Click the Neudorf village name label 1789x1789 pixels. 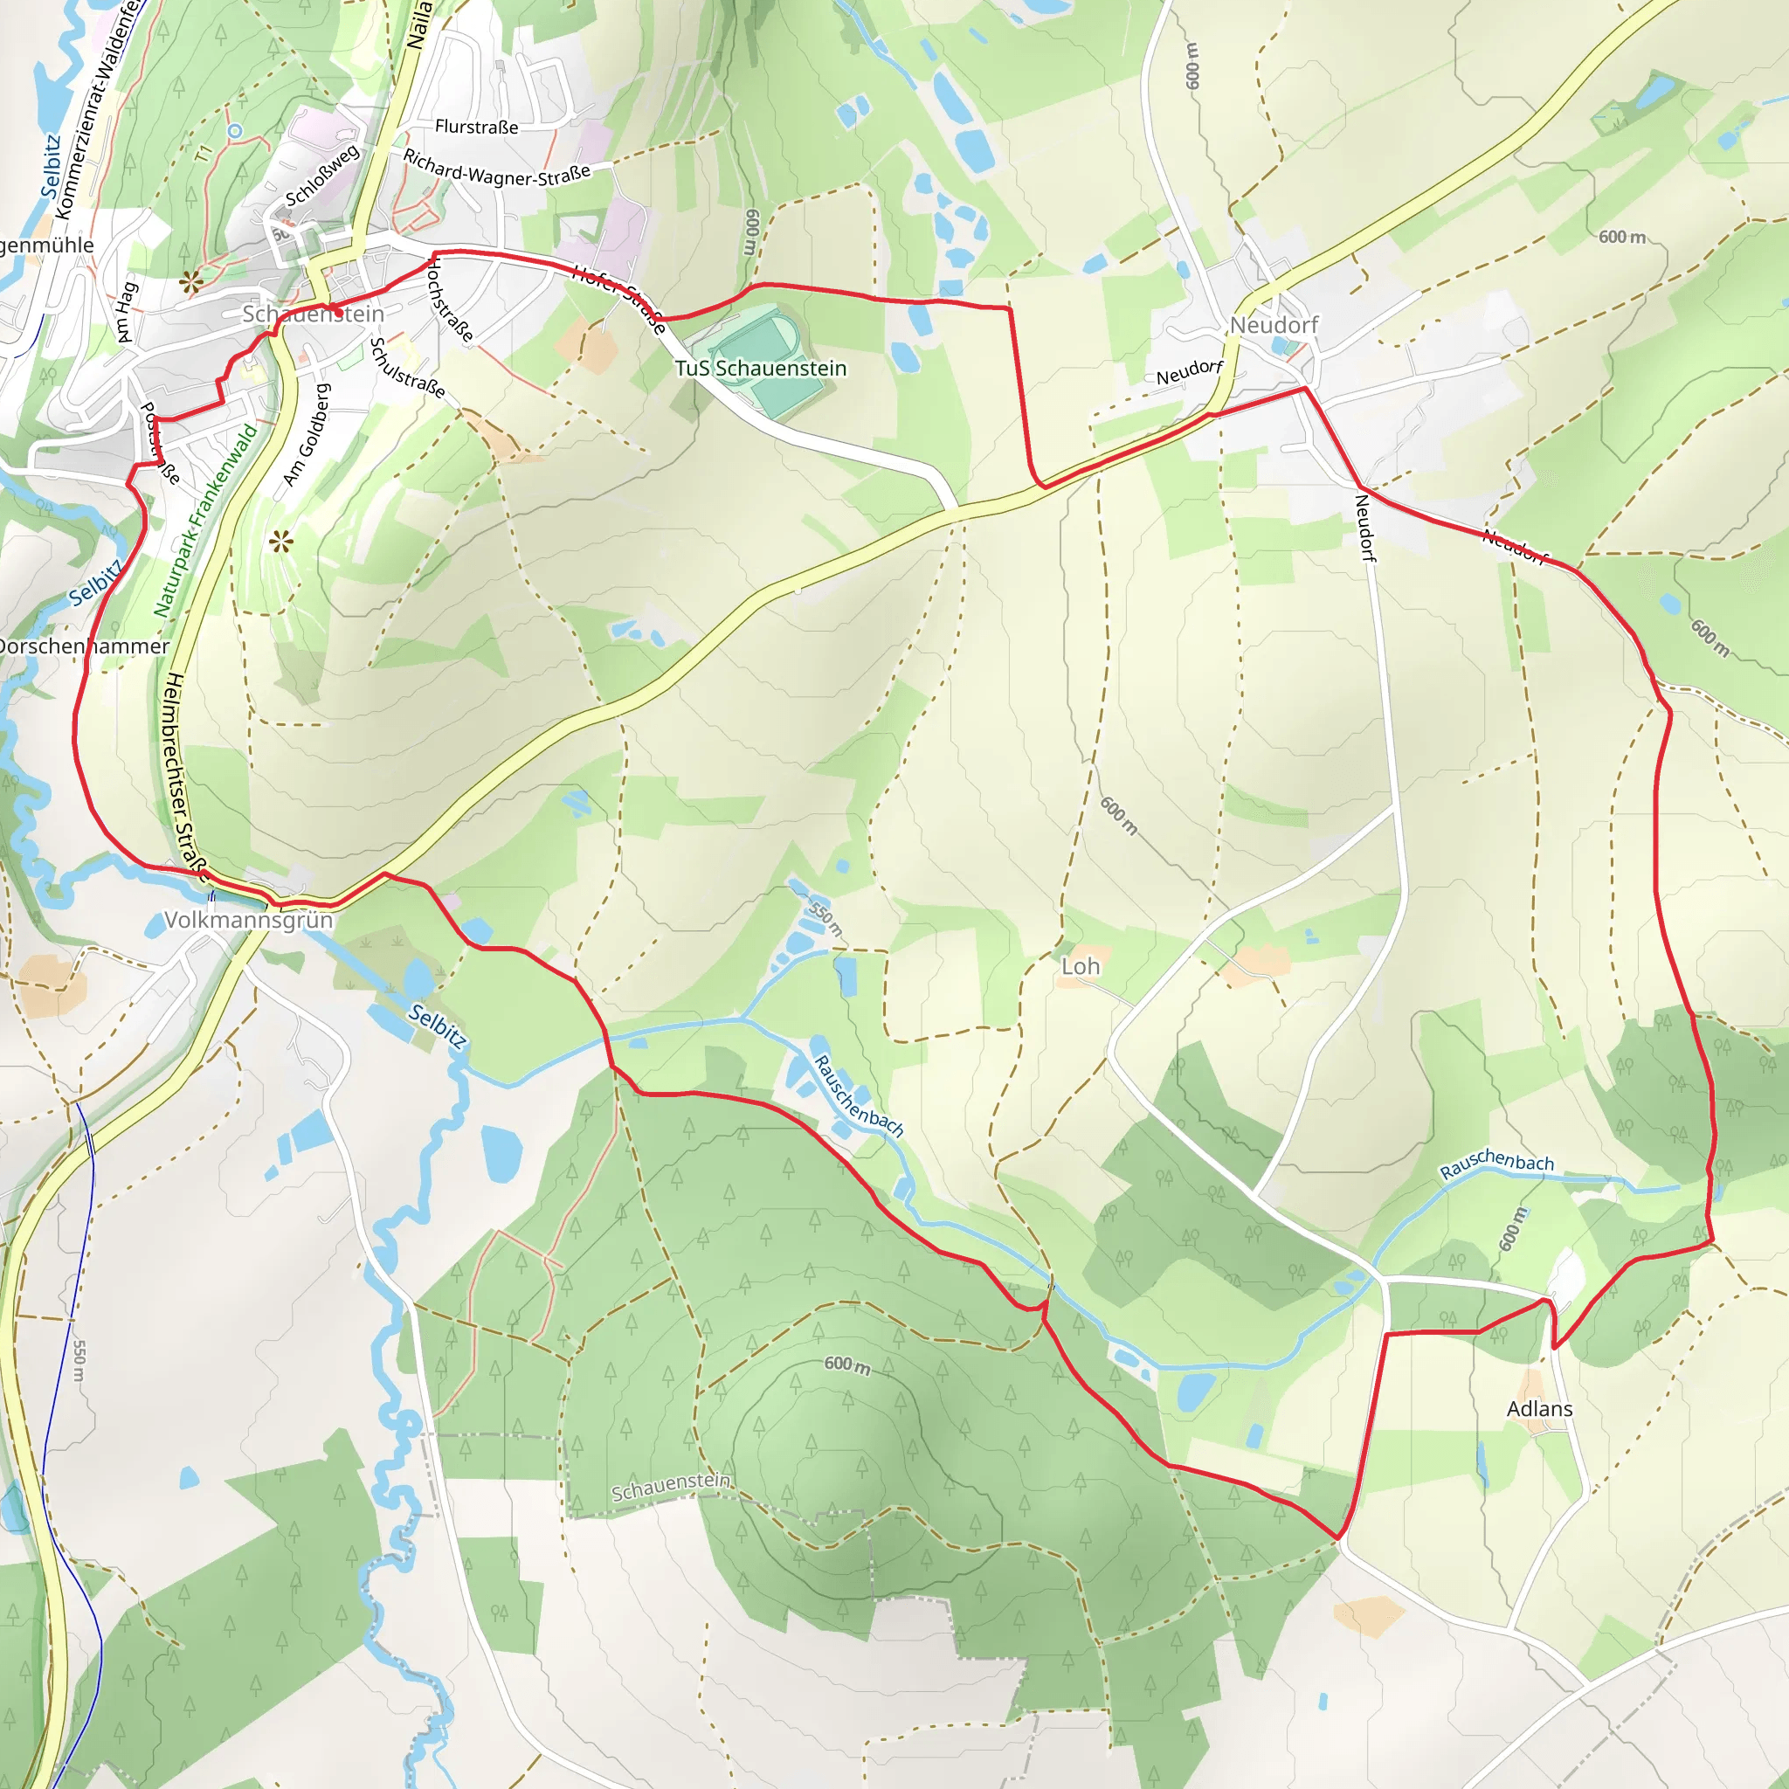tap(1274, 325)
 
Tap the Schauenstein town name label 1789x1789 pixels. tap(313, 314)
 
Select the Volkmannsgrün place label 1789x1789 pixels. tap(248, 921)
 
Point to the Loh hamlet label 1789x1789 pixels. tap(1080, 967)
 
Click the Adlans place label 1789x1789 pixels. tap(1539, 1408)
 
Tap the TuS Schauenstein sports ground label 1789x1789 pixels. tap(760, 369)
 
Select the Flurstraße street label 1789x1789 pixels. tap(477, 127)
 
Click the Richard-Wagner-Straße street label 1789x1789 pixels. tap(496, 169)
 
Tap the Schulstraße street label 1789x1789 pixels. tap(406, 368)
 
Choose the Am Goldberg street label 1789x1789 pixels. tap(306, 435)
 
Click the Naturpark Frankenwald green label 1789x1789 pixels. tap(204, 522)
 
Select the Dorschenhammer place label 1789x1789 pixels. tap(83, 646)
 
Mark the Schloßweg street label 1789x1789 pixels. tap(321, 176)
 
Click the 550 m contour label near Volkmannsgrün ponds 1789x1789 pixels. tap(825, 916)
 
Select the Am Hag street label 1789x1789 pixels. tap(127, 313)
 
